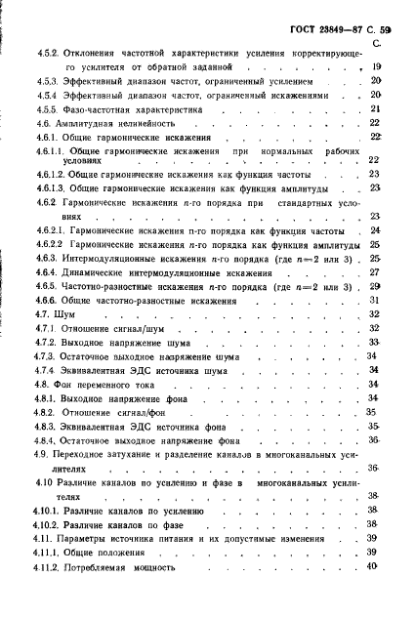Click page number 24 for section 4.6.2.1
375,230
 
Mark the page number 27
374,273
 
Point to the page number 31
374,301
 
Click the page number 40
372,566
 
